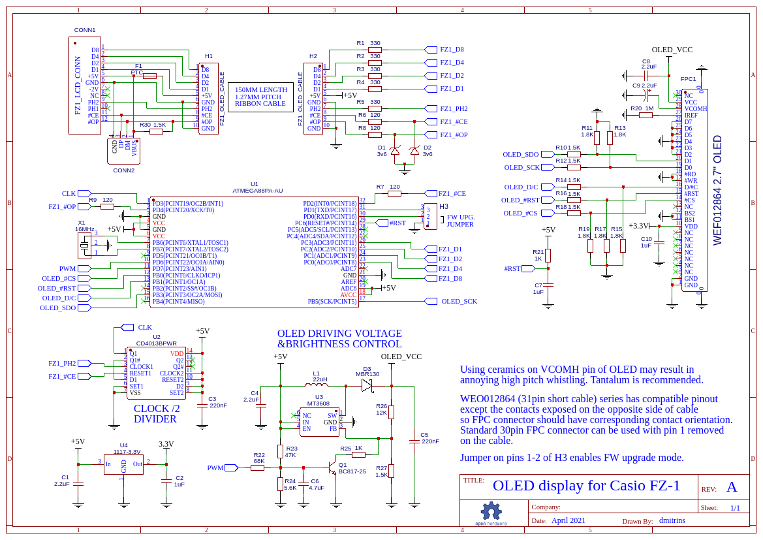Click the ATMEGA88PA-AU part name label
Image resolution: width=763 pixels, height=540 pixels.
pos(257,191)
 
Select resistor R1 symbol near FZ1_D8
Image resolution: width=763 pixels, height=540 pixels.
pos(375,50)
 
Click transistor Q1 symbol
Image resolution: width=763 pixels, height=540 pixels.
pos(330,468)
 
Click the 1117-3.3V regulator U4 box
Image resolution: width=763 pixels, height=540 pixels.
pos(123,464)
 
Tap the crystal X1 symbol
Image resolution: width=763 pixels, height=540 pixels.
pos(84,246)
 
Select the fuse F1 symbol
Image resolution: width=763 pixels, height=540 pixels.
pos(149,76)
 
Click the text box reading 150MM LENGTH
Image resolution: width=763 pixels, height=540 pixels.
pos(260,97)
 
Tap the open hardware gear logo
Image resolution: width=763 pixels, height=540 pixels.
pos(490,512)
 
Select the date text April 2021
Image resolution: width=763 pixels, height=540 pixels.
pos(568,520)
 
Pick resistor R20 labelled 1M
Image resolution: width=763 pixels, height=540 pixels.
pos(646,115)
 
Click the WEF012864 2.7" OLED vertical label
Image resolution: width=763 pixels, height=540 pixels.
pos(718,190)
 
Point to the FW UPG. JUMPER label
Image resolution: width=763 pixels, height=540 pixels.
pos(460,221)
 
